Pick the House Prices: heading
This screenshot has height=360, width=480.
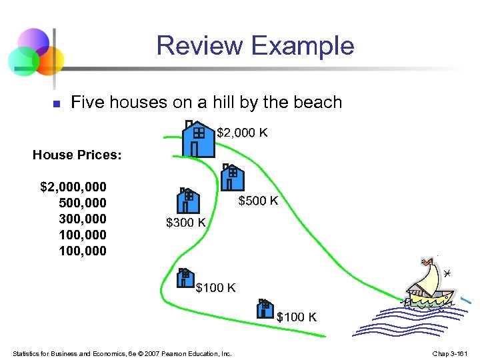point(77,155)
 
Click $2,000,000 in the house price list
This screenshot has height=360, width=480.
point(73,186)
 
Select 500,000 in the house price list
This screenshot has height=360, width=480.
point(82,202)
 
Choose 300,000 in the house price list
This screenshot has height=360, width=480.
point(82,218)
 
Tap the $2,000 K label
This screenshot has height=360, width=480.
point(243,133)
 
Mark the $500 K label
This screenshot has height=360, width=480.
point(258,201)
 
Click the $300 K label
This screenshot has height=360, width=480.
point(185,223)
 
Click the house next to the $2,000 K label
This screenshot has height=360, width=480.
point(199,139)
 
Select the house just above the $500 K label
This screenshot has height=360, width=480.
point(231,179)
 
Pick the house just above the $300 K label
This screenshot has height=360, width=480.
point(187,200)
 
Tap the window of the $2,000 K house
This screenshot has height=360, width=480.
point(199,133)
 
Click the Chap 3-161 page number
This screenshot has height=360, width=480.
point(451,353)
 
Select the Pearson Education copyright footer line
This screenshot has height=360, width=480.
point(122,353)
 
